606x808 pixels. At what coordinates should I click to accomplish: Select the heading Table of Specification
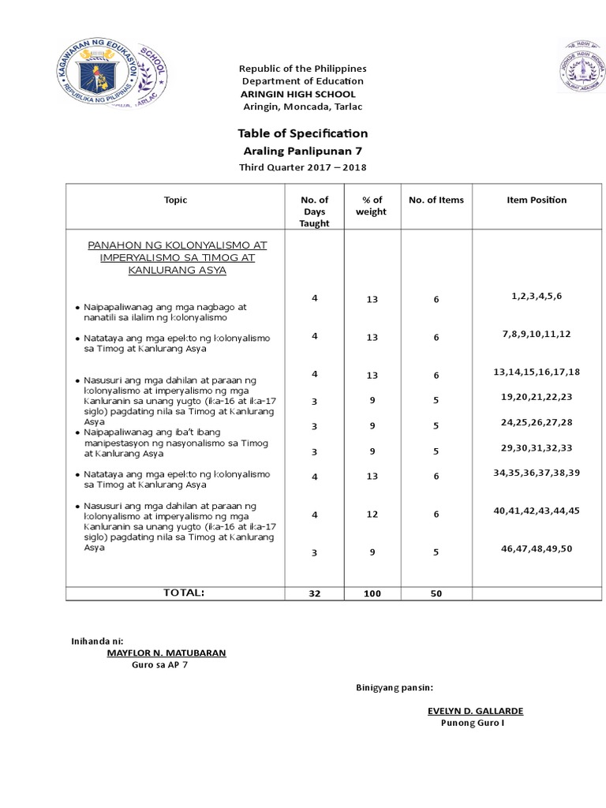303,133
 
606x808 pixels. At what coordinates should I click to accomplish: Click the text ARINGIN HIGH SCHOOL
291,94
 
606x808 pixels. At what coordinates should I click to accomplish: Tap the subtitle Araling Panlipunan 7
303,151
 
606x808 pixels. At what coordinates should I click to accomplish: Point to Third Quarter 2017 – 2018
303,166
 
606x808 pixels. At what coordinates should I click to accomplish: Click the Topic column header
176,200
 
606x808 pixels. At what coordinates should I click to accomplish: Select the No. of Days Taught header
314,211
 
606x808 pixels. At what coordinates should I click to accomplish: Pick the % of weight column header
372,206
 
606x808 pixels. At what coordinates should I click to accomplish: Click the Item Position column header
536,200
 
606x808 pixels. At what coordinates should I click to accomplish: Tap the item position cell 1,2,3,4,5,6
536,295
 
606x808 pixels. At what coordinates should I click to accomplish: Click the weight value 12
372,514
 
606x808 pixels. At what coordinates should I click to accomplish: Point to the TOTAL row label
183,591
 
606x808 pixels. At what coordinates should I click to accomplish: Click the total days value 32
314,593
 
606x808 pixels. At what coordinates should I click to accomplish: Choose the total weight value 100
372,593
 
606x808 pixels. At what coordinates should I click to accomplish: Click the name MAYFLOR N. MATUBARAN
166,653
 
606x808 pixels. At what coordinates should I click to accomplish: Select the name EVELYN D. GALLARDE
475,711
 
